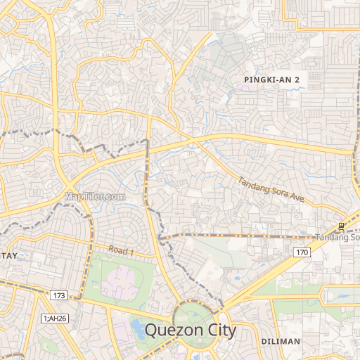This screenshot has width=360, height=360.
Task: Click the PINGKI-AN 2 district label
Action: tap(271, 80)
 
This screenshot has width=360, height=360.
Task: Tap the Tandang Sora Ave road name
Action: tap(271, 190)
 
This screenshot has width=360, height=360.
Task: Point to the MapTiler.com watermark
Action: tap(95, 197)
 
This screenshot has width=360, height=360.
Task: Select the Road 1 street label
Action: tap(121, 251)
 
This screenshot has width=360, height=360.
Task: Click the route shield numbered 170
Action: tap(302, 252)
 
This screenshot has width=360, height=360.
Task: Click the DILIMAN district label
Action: tap(281, 341)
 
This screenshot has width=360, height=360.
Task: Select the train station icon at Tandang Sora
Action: tap(341, 226)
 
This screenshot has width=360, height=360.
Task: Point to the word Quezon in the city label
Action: tap(168, 330)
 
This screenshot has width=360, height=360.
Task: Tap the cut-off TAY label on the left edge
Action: tap(8, 257)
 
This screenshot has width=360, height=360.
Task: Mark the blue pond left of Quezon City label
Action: tap(139, 333)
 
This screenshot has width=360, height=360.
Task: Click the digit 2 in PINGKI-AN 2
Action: tap(297, 80)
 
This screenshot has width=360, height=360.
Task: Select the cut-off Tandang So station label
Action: tap(337, 238)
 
